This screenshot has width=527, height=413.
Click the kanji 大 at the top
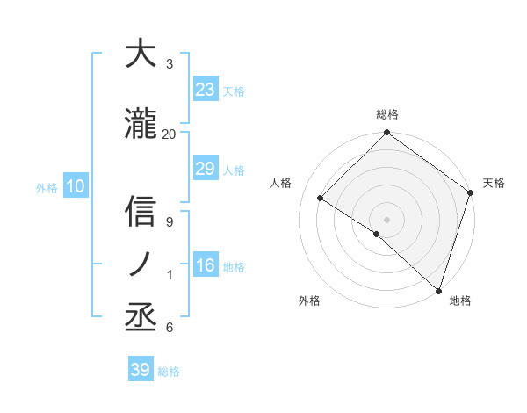coord(140,54)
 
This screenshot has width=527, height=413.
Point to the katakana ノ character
coord(140,264)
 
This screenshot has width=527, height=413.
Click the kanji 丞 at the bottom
coord(140,316)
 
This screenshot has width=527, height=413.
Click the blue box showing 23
coord(206,90)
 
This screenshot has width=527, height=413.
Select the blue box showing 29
coord(206,169)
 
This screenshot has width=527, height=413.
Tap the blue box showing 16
coord(206,265)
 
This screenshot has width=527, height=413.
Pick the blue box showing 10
coord(76,186)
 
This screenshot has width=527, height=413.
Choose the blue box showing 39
coord(140,370)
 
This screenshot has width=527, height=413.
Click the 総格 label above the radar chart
coord(387,114)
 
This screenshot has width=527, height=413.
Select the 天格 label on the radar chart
coord(494,183)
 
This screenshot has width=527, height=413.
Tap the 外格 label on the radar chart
coord(309,301)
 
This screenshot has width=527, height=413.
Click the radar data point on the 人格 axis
coord(321,198)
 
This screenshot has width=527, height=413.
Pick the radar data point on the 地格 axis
coord(438,289)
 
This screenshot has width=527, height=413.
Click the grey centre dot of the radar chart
coord(386,219)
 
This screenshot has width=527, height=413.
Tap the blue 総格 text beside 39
coord(169,371)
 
